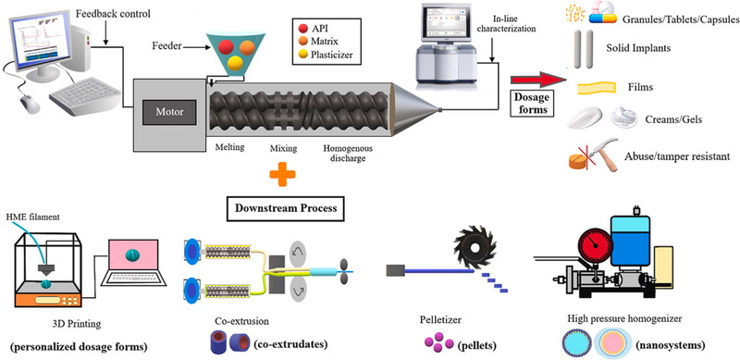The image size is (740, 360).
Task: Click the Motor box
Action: coord(170,112)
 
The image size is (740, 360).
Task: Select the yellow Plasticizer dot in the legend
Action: coord(303,55)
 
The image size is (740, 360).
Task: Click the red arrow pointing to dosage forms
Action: coord(538,80)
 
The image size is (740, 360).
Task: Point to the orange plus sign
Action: coord(283,174)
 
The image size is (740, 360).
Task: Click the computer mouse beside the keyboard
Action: coord(31,103)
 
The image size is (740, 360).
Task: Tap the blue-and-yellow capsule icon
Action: coord(603,19)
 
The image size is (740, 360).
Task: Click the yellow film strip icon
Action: coord(596,87)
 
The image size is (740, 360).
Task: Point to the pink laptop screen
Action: coord(133,255)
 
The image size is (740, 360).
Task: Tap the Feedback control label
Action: coord(113,14)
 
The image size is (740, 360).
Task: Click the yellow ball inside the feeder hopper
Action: coord(235,63)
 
